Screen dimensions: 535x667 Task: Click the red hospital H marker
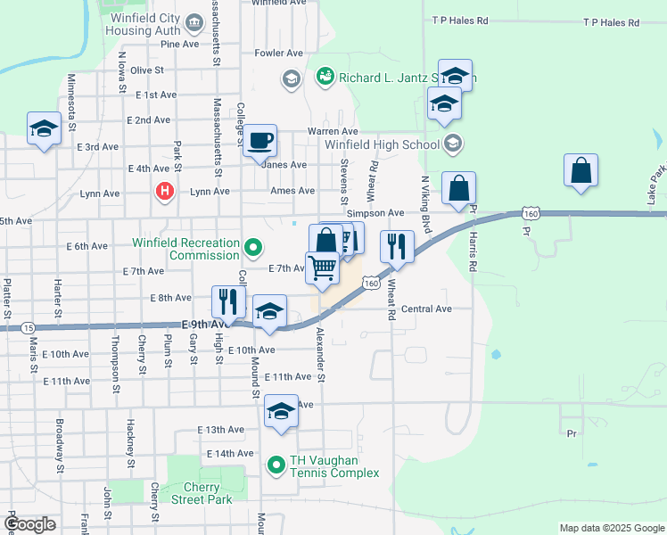pyautogui.click(x=164, y=190)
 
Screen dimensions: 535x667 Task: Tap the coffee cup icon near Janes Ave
pyautogui.click(x=260, y=141)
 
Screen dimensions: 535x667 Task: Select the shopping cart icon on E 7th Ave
pyautogui.click(x=322, y=267)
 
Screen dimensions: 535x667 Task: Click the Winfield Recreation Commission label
pyautogui.click(x=186, y=249)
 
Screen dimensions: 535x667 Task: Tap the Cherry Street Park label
pyautogui.click(x=208, y=493)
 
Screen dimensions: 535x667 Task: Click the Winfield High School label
pyautogui.click(x=383, y=144)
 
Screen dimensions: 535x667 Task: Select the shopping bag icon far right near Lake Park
pyautogui.click(x=581, y=170)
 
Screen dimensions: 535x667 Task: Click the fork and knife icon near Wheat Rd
pyautogui.click(x=397, y=246)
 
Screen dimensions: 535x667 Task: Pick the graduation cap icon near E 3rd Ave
pyautogui.click(x=44, y=128)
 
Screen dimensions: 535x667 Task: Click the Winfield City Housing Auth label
pyautogui.click(x=144, y=24)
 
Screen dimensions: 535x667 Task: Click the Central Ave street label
pyautogui.click(x=426, y=309)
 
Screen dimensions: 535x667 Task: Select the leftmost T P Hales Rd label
pyautogui.click(x=460, y=20)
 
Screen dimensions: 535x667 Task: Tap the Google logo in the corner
pyautogui.click(x=29, y=525)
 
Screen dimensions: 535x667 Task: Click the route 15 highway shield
pyautogui.click(x=28, y=328)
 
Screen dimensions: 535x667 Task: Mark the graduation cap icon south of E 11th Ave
pyautogui.click(x=281, y=412)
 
